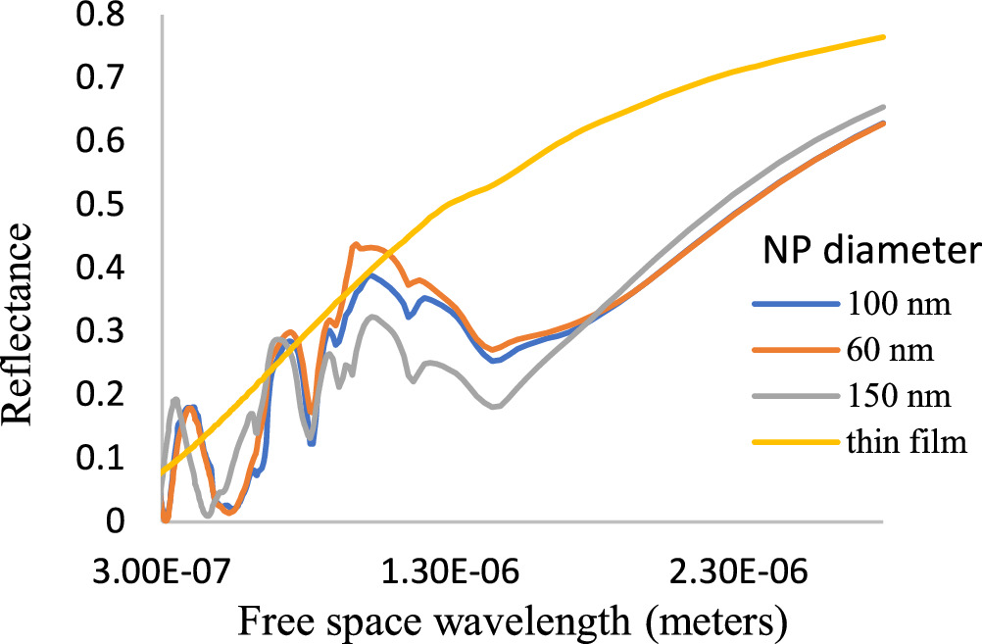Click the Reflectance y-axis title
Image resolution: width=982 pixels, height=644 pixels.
22,324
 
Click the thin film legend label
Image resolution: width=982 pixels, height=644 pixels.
901,443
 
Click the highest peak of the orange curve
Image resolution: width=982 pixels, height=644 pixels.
355,244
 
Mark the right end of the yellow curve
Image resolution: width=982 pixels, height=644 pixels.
884,37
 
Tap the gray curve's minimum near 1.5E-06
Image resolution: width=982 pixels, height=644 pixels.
494,406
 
